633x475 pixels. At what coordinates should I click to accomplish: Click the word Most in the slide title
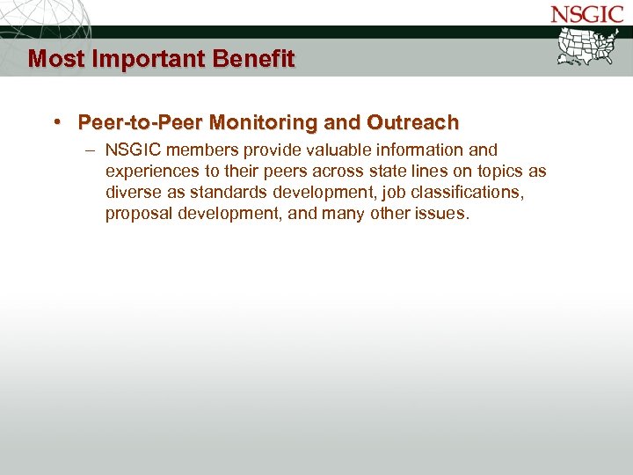(50, 59)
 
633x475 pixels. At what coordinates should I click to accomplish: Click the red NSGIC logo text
(587, 14)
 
